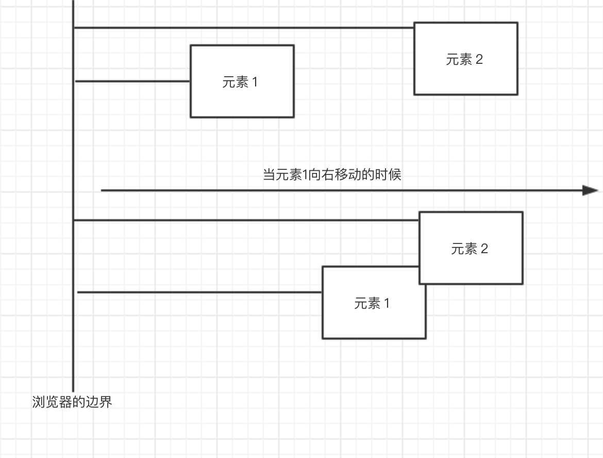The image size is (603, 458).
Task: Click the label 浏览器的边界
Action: point(72,402)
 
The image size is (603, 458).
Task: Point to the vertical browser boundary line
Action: point(73,154)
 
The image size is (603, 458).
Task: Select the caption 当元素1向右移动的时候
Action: point(332,175)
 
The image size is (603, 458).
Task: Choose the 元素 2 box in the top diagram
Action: point(465,77)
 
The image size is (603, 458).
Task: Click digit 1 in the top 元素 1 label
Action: point(254,82)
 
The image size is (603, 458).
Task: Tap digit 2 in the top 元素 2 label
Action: point(479,60)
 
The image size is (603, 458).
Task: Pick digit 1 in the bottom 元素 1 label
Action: point(387,304)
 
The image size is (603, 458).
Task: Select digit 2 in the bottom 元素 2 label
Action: point(484,250)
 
